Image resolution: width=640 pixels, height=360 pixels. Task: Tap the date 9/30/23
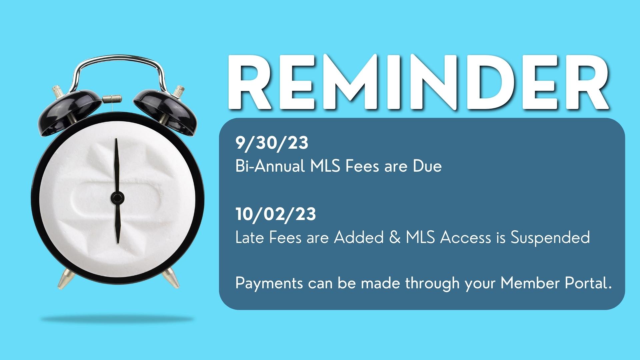[x=272, y=143]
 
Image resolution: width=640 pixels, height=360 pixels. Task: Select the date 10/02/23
[x=276, y=214]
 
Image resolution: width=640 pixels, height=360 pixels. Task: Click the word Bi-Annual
[x=270, y=166]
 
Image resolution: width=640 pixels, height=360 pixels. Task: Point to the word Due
[x=427, y=166]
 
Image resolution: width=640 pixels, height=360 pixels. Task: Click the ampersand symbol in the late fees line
[x=395, y=237]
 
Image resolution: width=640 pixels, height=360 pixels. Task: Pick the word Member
[x=530, y=283]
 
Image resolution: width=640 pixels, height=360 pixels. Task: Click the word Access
[x=465, y=238]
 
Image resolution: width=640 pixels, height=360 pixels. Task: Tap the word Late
[x=249, y=238]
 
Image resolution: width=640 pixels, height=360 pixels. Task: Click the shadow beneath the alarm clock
[x=117, y=319]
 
